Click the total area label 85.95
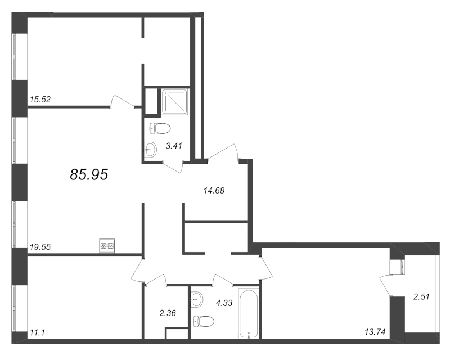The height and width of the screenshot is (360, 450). [89, 174]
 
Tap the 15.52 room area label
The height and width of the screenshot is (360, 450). [40, 100]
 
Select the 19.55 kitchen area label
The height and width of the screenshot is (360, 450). [40, 246]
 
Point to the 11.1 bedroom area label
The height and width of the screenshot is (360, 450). [37, 333]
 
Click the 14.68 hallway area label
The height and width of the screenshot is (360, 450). [214, 190]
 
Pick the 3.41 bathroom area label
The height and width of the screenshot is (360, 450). [174, 146]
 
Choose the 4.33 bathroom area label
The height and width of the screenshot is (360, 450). [224, 303]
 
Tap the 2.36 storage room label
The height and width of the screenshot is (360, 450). [168, 313]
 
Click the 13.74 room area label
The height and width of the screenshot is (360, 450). [375, 332]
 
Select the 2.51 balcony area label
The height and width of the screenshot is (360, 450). [421, 296]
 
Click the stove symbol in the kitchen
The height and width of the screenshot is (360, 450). [107, 246]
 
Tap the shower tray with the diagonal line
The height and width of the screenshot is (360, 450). [174, 102]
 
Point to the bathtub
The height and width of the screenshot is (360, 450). [249, 313]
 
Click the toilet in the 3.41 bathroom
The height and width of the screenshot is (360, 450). [160, 129]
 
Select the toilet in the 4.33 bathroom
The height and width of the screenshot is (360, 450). [204, 321]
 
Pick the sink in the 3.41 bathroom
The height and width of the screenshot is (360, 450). [150, 149]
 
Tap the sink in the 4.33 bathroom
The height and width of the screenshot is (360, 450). [197, 299]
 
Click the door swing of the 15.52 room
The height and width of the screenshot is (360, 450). [123, 101]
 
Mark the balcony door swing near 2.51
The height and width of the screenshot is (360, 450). [386, 286]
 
